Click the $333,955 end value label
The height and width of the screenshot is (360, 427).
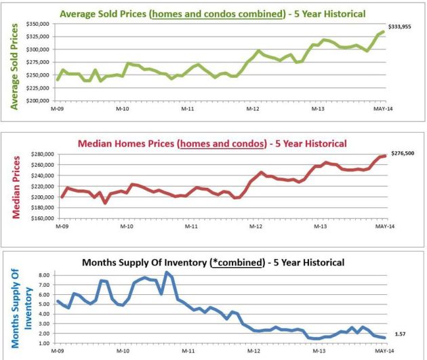[401, 26]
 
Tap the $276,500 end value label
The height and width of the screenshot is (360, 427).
[401, 154]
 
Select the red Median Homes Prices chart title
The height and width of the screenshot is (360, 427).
[213, 143]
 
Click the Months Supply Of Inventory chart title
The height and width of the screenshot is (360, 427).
[213, 262]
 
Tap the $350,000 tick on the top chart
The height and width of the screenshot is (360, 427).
[39, 24]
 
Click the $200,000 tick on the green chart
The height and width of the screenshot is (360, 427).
[39, 100]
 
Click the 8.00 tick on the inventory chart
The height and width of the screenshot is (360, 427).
[44, 275]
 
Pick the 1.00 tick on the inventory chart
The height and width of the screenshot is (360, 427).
[44, 343]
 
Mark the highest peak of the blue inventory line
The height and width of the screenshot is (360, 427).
[167, 273]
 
